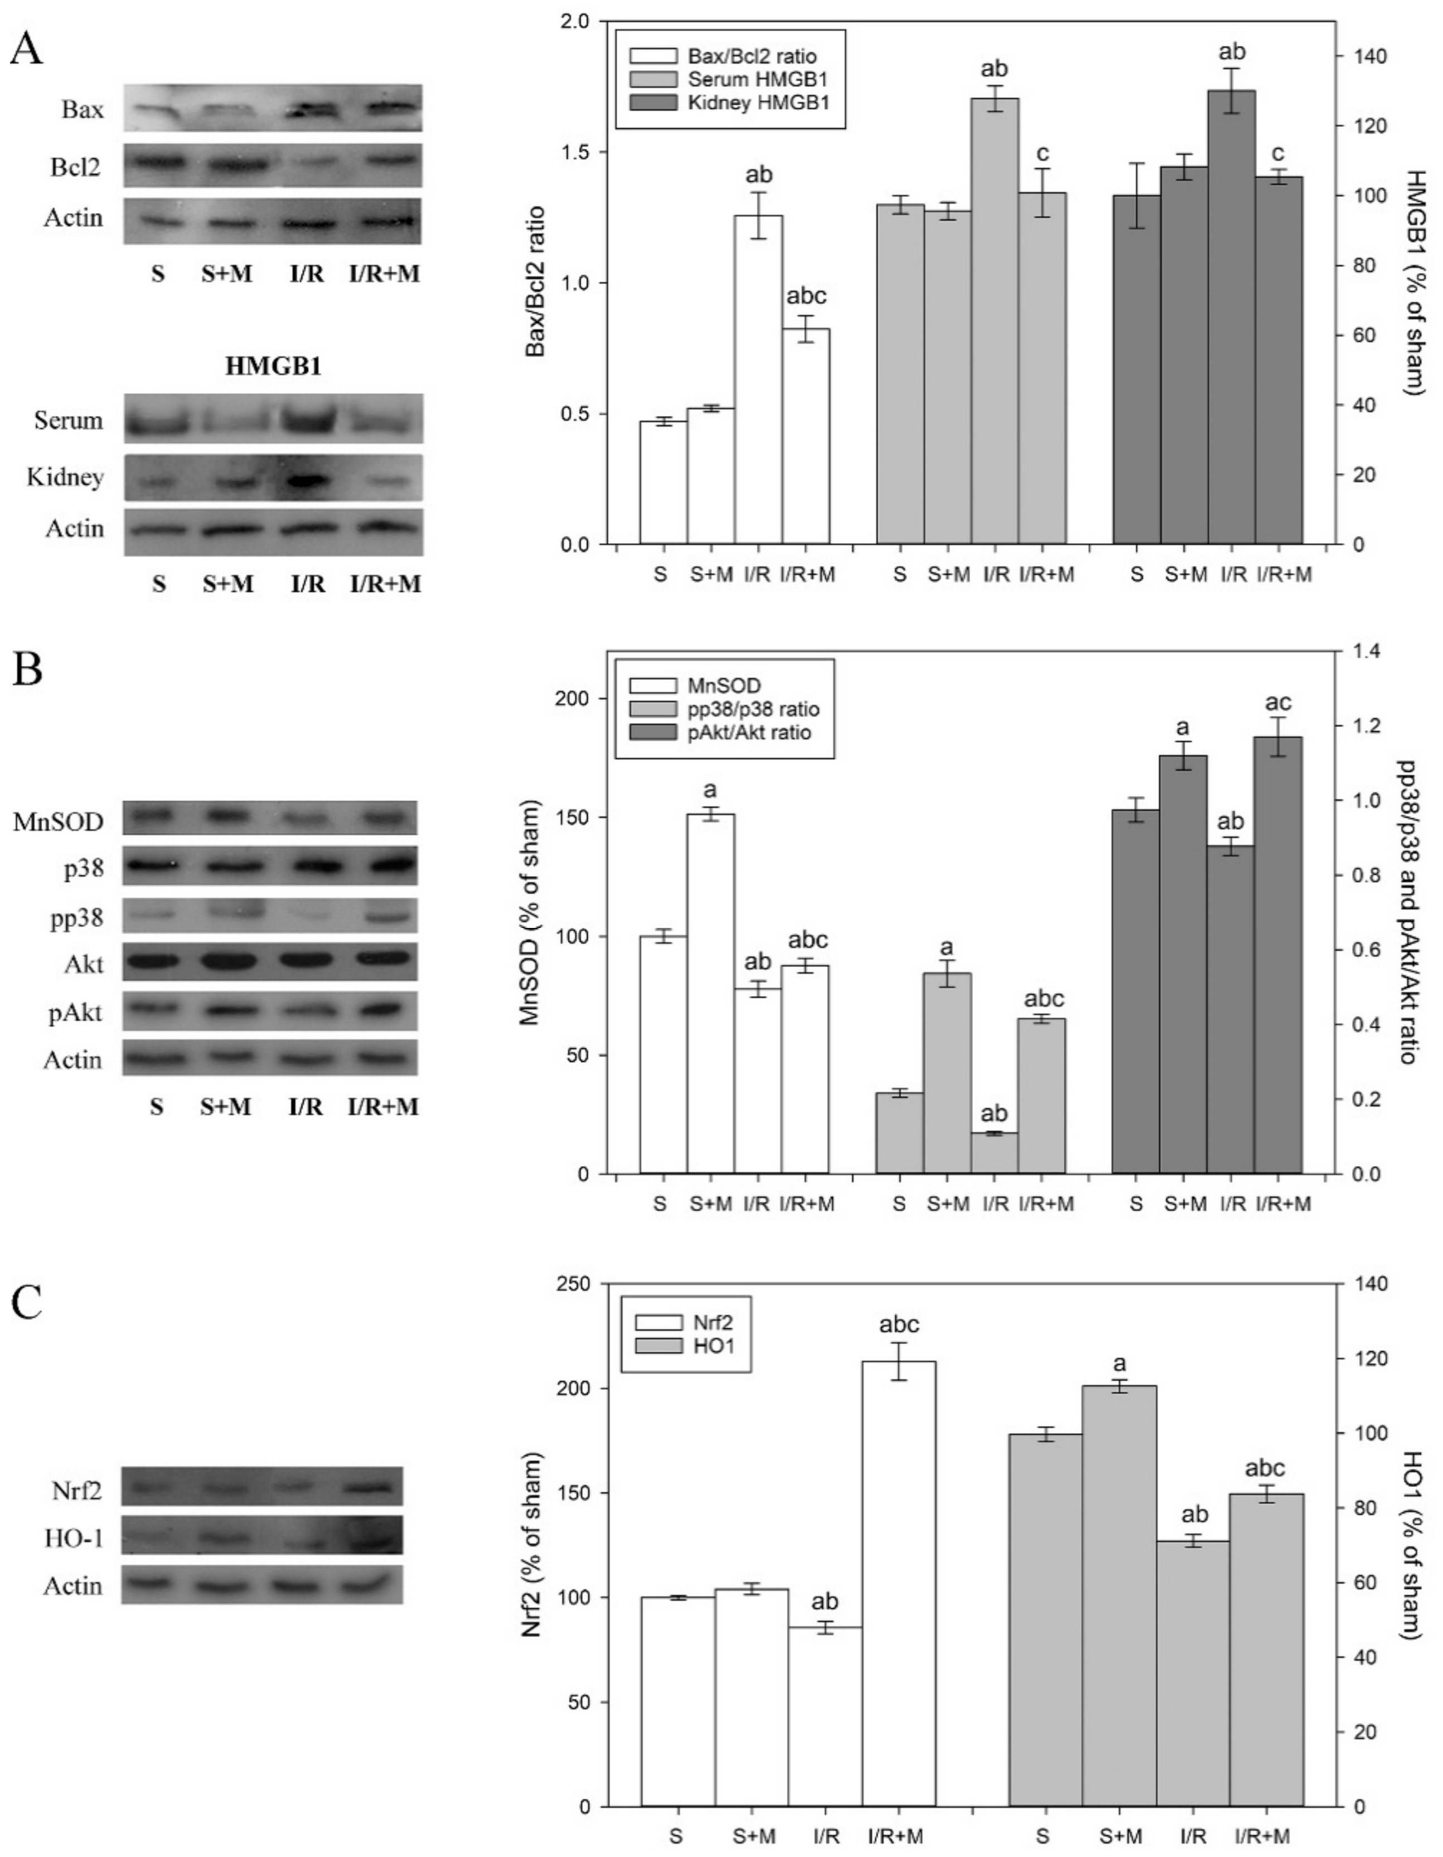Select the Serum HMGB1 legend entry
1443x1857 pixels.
(738, 79)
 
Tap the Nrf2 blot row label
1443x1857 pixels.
(76, 1487)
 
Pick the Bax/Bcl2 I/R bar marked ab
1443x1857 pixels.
(758, 379)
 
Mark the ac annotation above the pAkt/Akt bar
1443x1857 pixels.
(1278, 702)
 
